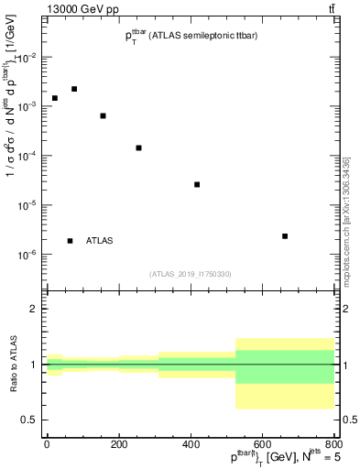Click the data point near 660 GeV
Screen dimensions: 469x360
[285, 236]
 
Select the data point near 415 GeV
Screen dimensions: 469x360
[197, 184]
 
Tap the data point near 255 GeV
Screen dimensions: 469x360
[138, 147]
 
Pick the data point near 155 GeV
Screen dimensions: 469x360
[103, 115]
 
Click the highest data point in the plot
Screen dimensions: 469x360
[74, 89]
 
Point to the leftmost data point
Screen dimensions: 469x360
[55, 98]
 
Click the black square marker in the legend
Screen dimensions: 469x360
[71, 241]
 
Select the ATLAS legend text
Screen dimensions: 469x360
[99, 241]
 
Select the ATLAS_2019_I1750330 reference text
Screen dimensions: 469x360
[191, 273]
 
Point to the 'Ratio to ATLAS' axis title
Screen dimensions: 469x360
[13, 365]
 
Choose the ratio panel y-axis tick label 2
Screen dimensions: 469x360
[34, 310]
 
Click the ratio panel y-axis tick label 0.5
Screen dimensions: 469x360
[30, 420]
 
